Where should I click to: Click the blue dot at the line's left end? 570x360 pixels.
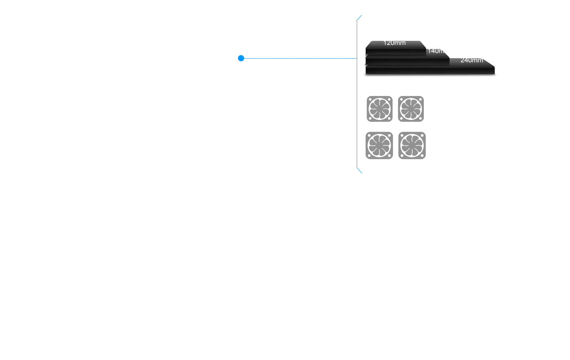[241, 58]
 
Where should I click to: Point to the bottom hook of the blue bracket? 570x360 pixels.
[361, 172]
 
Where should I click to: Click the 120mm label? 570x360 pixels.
[394, 43]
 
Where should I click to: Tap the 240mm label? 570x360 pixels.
[471, 60]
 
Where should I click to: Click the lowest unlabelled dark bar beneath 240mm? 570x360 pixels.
[430, 70]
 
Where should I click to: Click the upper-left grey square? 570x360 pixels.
[379, 109]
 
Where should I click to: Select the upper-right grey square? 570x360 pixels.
[411, 109]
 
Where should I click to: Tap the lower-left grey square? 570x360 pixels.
[379, 145]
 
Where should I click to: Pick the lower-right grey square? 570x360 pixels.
[411, 145]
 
